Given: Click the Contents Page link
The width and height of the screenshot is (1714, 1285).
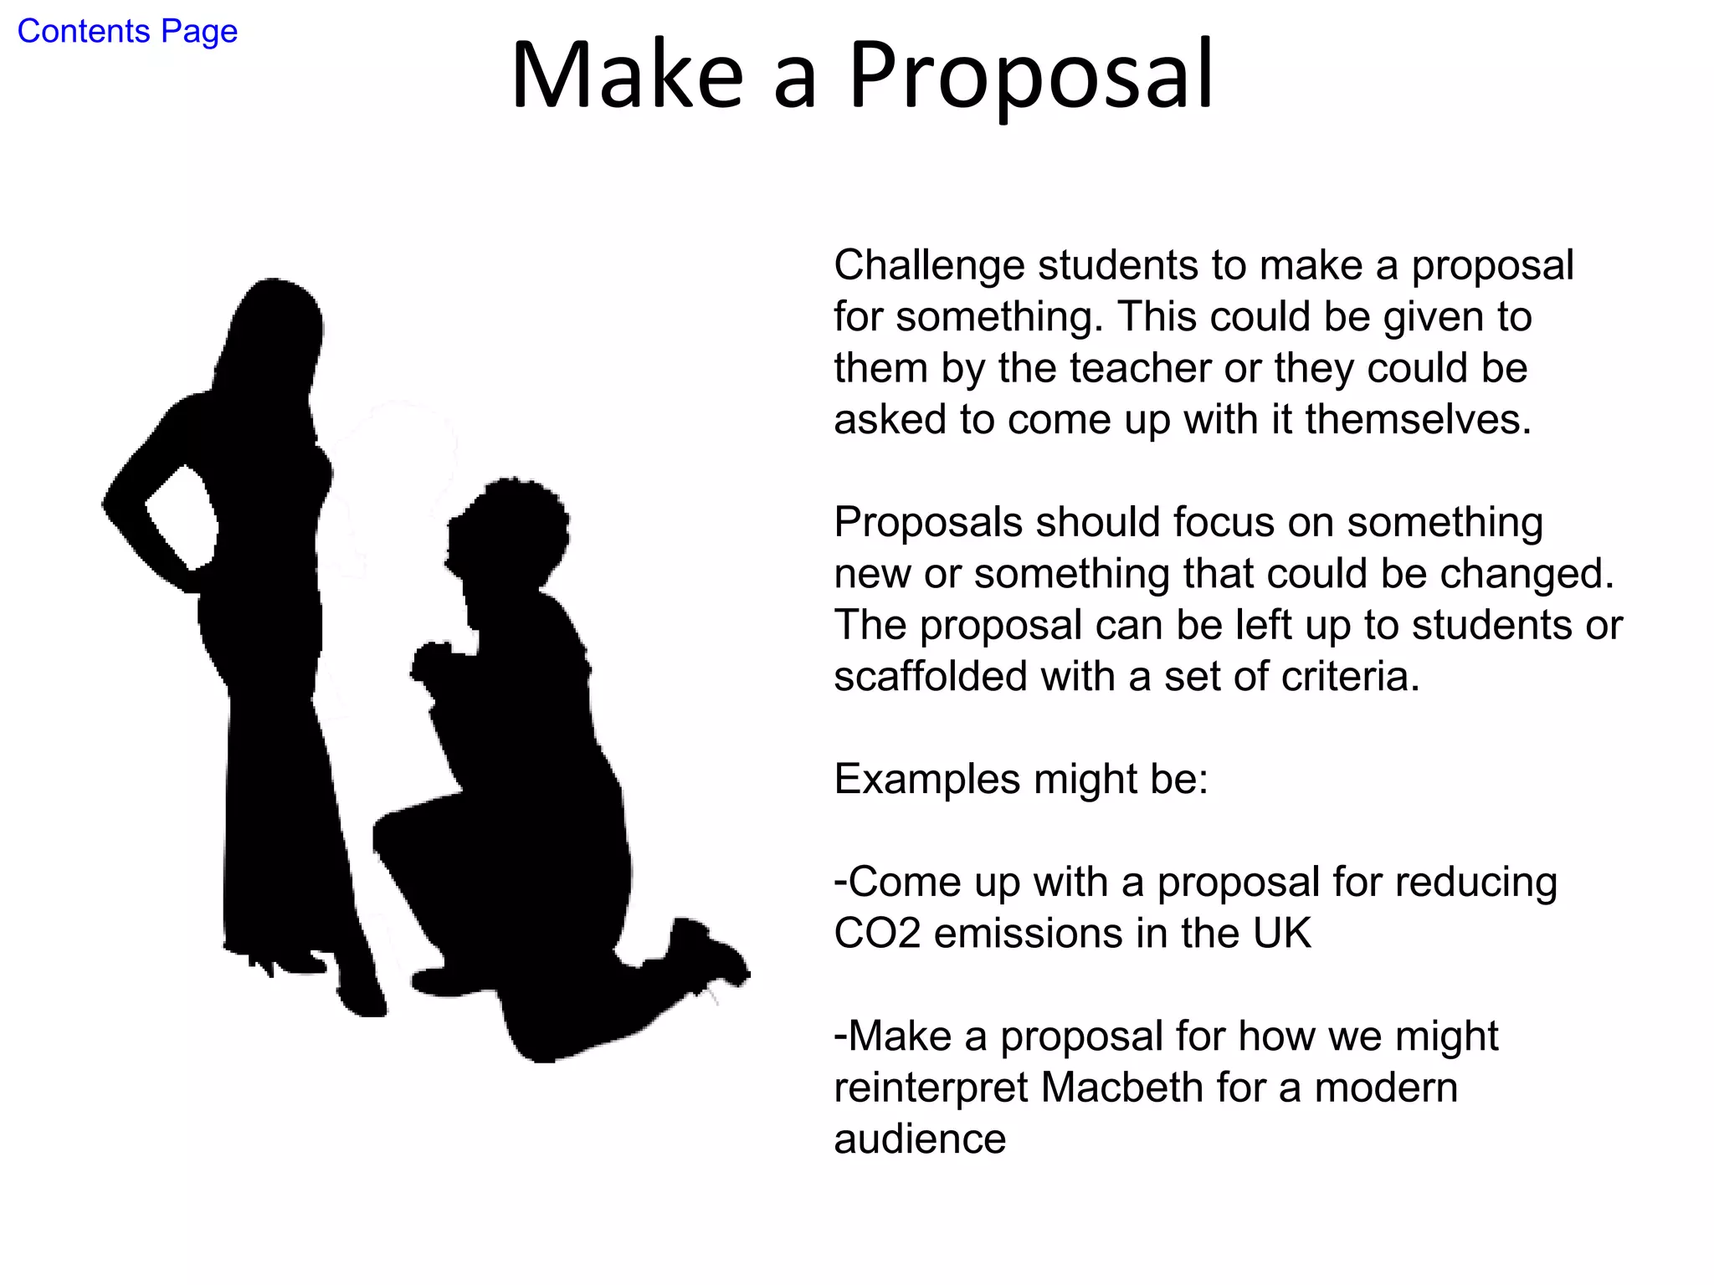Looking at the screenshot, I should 127,32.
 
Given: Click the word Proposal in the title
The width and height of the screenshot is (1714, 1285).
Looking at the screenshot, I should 1031,75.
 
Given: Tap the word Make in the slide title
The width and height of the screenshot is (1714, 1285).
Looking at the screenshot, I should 628,75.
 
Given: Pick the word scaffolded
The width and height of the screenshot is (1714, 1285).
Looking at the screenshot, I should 930,677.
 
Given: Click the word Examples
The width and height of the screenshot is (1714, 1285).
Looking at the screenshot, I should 927,780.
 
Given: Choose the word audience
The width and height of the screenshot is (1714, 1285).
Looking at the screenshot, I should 920,1139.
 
